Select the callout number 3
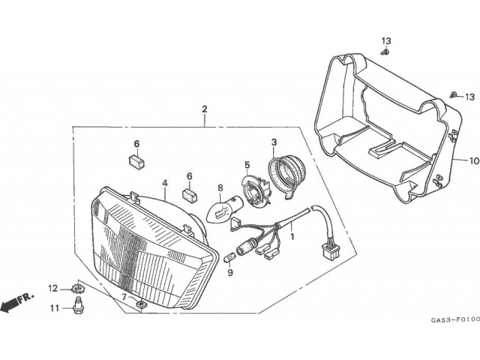point(274,142)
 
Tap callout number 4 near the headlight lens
point(164,182)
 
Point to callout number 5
point(246,164)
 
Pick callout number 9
point(230,272)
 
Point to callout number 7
point(125,298)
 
